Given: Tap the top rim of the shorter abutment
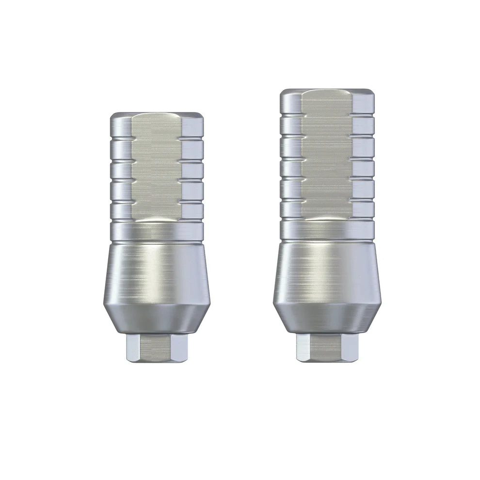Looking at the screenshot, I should pyautogui.click(x=157, y=115).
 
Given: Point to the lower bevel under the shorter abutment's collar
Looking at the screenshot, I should pyautogui.click(x=157, y=320).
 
